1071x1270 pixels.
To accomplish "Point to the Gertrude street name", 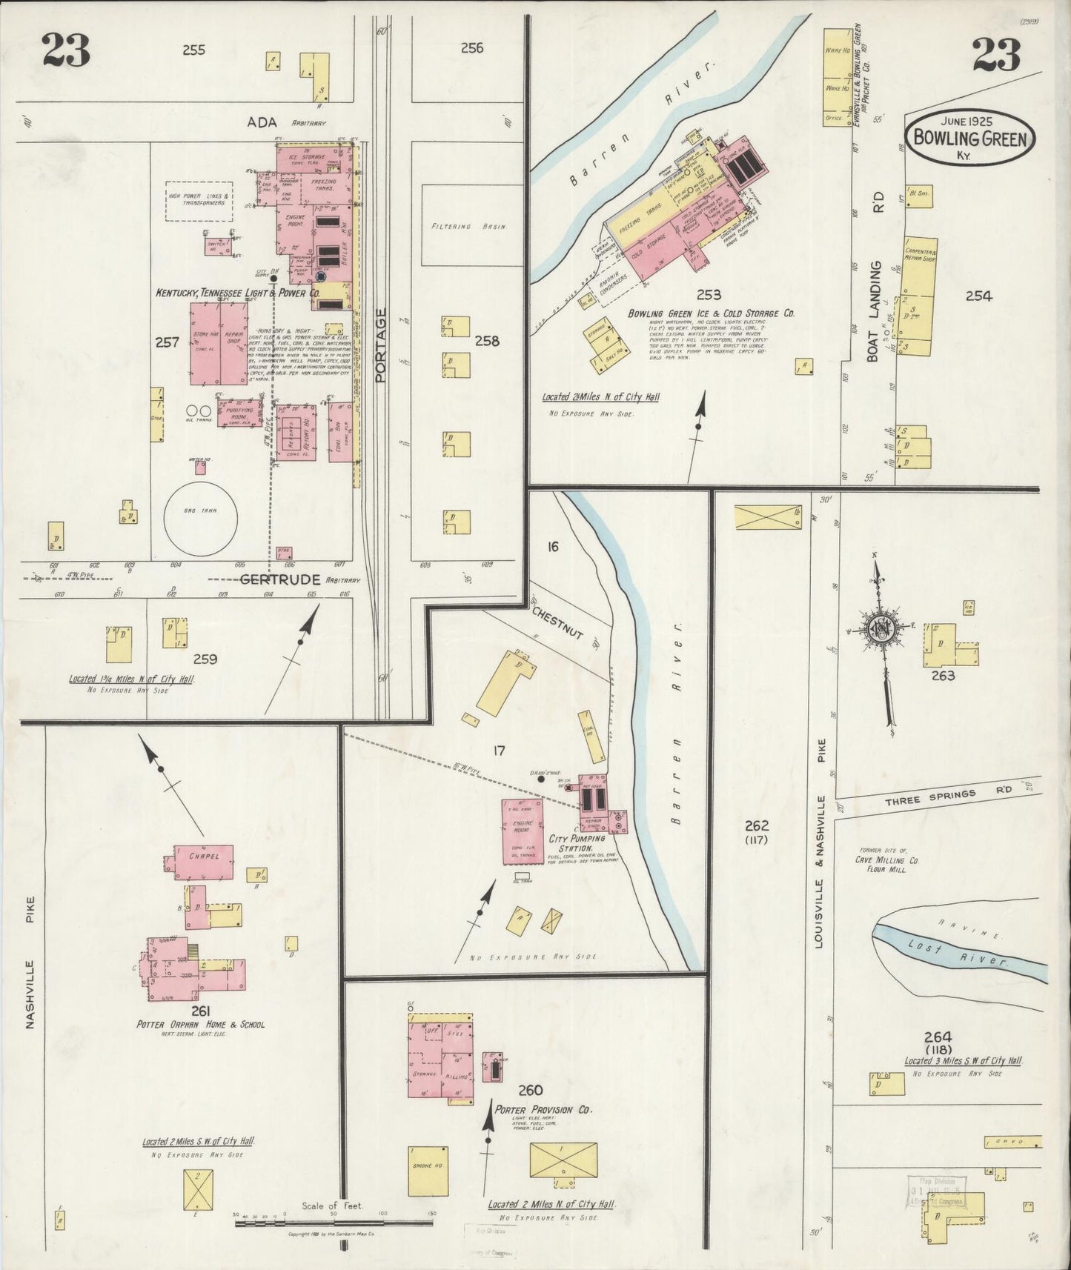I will [x=279, y=579].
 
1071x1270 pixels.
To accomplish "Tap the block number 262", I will [x=757, y=826].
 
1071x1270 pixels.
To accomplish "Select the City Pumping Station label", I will [x=576, y=843].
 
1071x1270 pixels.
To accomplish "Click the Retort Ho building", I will [x=296, y=433].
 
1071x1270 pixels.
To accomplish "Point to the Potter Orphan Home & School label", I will [x=200, y=1025].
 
